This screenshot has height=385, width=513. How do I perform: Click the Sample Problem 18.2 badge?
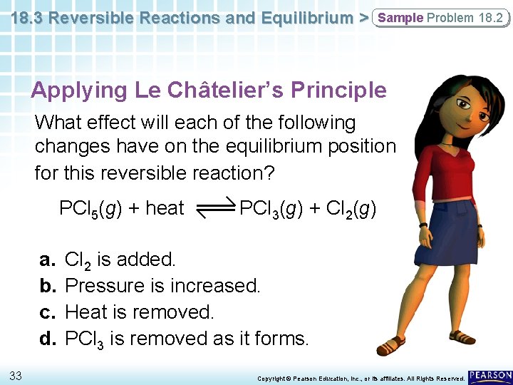point(440,18)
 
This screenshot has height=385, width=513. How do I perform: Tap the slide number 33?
point(16,375)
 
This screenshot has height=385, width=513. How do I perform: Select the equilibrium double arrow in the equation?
point(212,208)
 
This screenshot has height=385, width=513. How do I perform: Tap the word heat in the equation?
point(165,208)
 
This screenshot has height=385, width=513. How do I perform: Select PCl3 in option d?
point(84,339)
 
